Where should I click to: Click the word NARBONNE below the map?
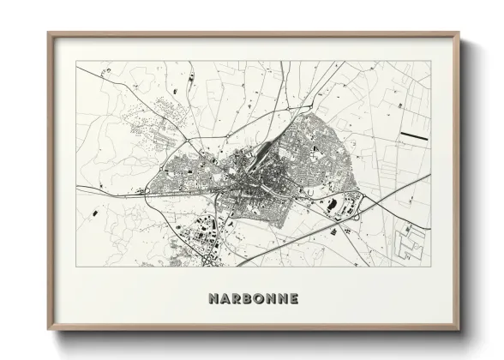tap(252, 299)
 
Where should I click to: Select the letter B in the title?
tap(253, 299)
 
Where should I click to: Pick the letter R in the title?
tap(240, 299)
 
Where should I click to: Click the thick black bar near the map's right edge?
tap(415, 136)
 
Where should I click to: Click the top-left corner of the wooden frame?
tap(49, 33)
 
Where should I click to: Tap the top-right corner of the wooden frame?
tap(459, 33)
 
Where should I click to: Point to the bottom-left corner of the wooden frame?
tap(49, 330)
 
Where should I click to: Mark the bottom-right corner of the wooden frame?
tap(459, 330)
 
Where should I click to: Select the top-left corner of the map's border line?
tap(77, 61)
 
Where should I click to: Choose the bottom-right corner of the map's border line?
tap(430, 266)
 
